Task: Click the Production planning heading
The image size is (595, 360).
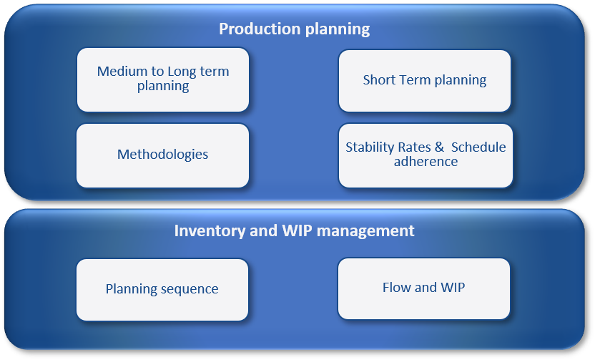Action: point(295,29)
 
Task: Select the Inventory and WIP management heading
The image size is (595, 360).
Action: point(295,231)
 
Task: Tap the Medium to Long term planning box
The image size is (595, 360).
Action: point(163,79)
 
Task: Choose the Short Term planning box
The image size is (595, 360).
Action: point(425,81)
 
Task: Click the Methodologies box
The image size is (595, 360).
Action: point(163,156)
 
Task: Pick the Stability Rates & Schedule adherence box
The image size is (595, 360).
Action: point(426,156)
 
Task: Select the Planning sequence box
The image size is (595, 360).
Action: point(162,290)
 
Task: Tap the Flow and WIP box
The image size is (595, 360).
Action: point(424,288)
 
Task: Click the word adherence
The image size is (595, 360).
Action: point(426,162)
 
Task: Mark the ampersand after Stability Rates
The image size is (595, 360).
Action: point(439,147)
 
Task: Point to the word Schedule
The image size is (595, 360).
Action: point(478,147)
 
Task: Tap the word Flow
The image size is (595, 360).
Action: point(397,288)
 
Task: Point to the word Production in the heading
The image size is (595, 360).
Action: point(260,29)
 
